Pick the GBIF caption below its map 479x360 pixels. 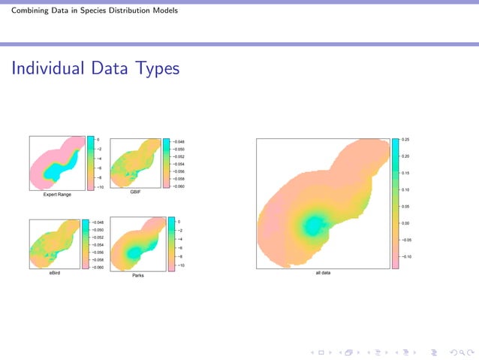pyautogui.click(x=135, y=193)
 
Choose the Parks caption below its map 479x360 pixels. pyautogui.click(x=138, y=276)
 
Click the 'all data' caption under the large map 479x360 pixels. pyautogui.click(x=323, y=273)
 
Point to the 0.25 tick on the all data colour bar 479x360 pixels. pyautogui.click(x=406, y=140)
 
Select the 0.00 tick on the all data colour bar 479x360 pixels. pyautogui.click(x=406, y=223)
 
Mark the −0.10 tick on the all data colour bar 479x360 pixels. pyautogui.click(x=406, y=256)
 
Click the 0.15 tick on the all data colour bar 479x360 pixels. pyautogui.click(x=406, y=173)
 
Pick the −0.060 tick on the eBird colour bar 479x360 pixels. pyautogui.click(x=99, y=268)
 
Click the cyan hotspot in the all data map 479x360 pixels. pyautogui.click(x=314, y=224)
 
